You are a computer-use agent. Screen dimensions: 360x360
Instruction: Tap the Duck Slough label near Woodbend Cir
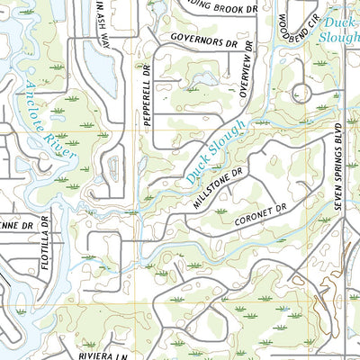tap(337, 28)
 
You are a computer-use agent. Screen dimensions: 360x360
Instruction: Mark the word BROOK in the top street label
tap(226, 6)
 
